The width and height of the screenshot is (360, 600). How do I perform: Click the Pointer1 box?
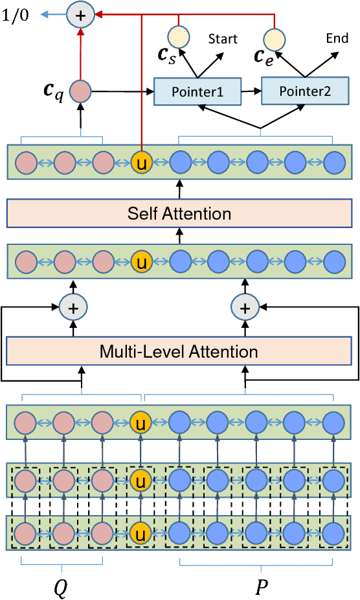tap(197, 92)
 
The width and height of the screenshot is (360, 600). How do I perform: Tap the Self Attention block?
tap(179, 213)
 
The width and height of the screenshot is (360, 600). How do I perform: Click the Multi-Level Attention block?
tap(179, 352)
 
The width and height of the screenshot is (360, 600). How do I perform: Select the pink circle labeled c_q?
tap(80, 92)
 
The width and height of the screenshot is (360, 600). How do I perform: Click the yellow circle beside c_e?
tap(275, 38)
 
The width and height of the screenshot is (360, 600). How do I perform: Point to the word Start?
tap(222, 40)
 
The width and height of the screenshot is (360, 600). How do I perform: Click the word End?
tap(337, 38)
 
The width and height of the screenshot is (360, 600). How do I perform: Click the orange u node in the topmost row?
tap(141, 162)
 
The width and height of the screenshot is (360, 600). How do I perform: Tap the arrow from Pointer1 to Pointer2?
tap(251, 92)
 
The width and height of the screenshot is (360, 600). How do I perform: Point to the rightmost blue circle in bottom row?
tap(334, 533)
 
